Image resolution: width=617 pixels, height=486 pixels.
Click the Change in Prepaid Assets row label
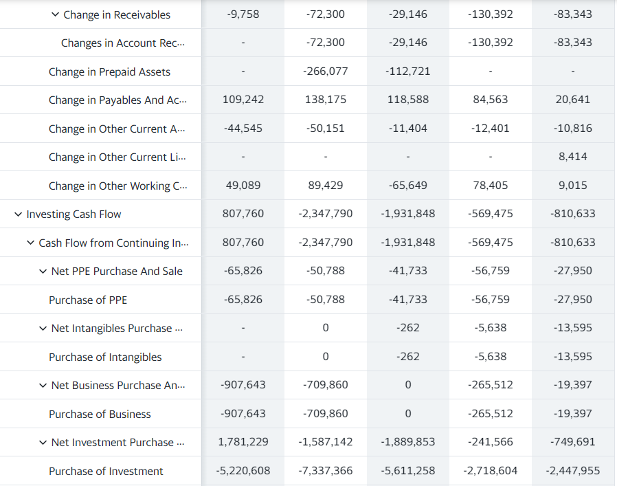tap(109, 71)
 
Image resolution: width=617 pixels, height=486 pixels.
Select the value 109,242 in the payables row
tap(243, 100)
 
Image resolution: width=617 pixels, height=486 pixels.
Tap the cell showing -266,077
tap(326, 71)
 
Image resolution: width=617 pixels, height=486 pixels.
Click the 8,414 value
tap(573, 157)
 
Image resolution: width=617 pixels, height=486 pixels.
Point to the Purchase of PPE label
tap(88, 300)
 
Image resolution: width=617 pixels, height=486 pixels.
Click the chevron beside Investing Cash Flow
tap(18, 214)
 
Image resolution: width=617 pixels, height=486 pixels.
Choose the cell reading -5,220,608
tap(243, 471)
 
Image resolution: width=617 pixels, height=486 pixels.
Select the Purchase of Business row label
tap(100, 414)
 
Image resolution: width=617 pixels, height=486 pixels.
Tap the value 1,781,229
tap(243, 442)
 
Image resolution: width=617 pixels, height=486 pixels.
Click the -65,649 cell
tap(408, 186)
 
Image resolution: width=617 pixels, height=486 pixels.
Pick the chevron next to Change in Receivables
tap(55, 14)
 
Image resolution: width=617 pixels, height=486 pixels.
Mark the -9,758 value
tap(243, 14)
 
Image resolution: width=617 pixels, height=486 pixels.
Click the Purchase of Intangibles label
tap(105, 357)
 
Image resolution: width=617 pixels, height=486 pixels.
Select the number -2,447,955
tap(573, 471)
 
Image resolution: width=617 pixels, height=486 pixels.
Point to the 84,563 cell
tap(491, 100)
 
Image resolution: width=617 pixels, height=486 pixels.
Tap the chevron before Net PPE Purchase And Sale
tap(43, 272)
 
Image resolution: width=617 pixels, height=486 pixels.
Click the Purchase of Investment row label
tap(106, 471)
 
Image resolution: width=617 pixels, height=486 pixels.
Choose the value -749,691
tap(573, 442)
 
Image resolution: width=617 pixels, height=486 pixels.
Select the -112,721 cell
tap(408, 71)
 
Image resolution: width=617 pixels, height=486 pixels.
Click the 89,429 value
tap(326, 186)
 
